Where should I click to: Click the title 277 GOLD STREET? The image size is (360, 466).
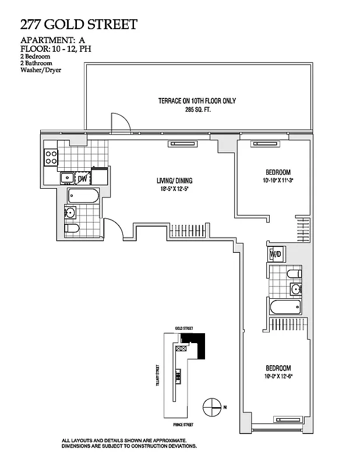click(79, 24)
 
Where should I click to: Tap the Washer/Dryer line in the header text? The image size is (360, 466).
click(41, 70)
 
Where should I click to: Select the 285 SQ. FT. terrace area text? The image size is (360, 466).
click(197, 109)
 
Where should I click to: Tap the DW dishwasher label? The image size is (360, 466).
click(83, 178)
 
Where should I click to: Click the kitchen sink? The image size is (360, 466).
click(66, 178)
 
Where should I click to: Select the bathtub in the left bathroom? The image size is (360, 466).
click(83, 196)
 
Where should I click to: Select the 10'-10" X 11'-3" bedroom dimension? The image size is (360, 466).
click(278, 180)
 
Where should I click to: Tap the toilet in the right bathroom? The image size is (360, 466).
click(294, 273)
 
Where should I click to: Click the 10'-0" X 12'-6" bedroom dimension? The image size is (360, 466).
click(278, 376)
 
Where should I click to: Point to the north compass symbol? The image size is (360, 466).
click(212, 407)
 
